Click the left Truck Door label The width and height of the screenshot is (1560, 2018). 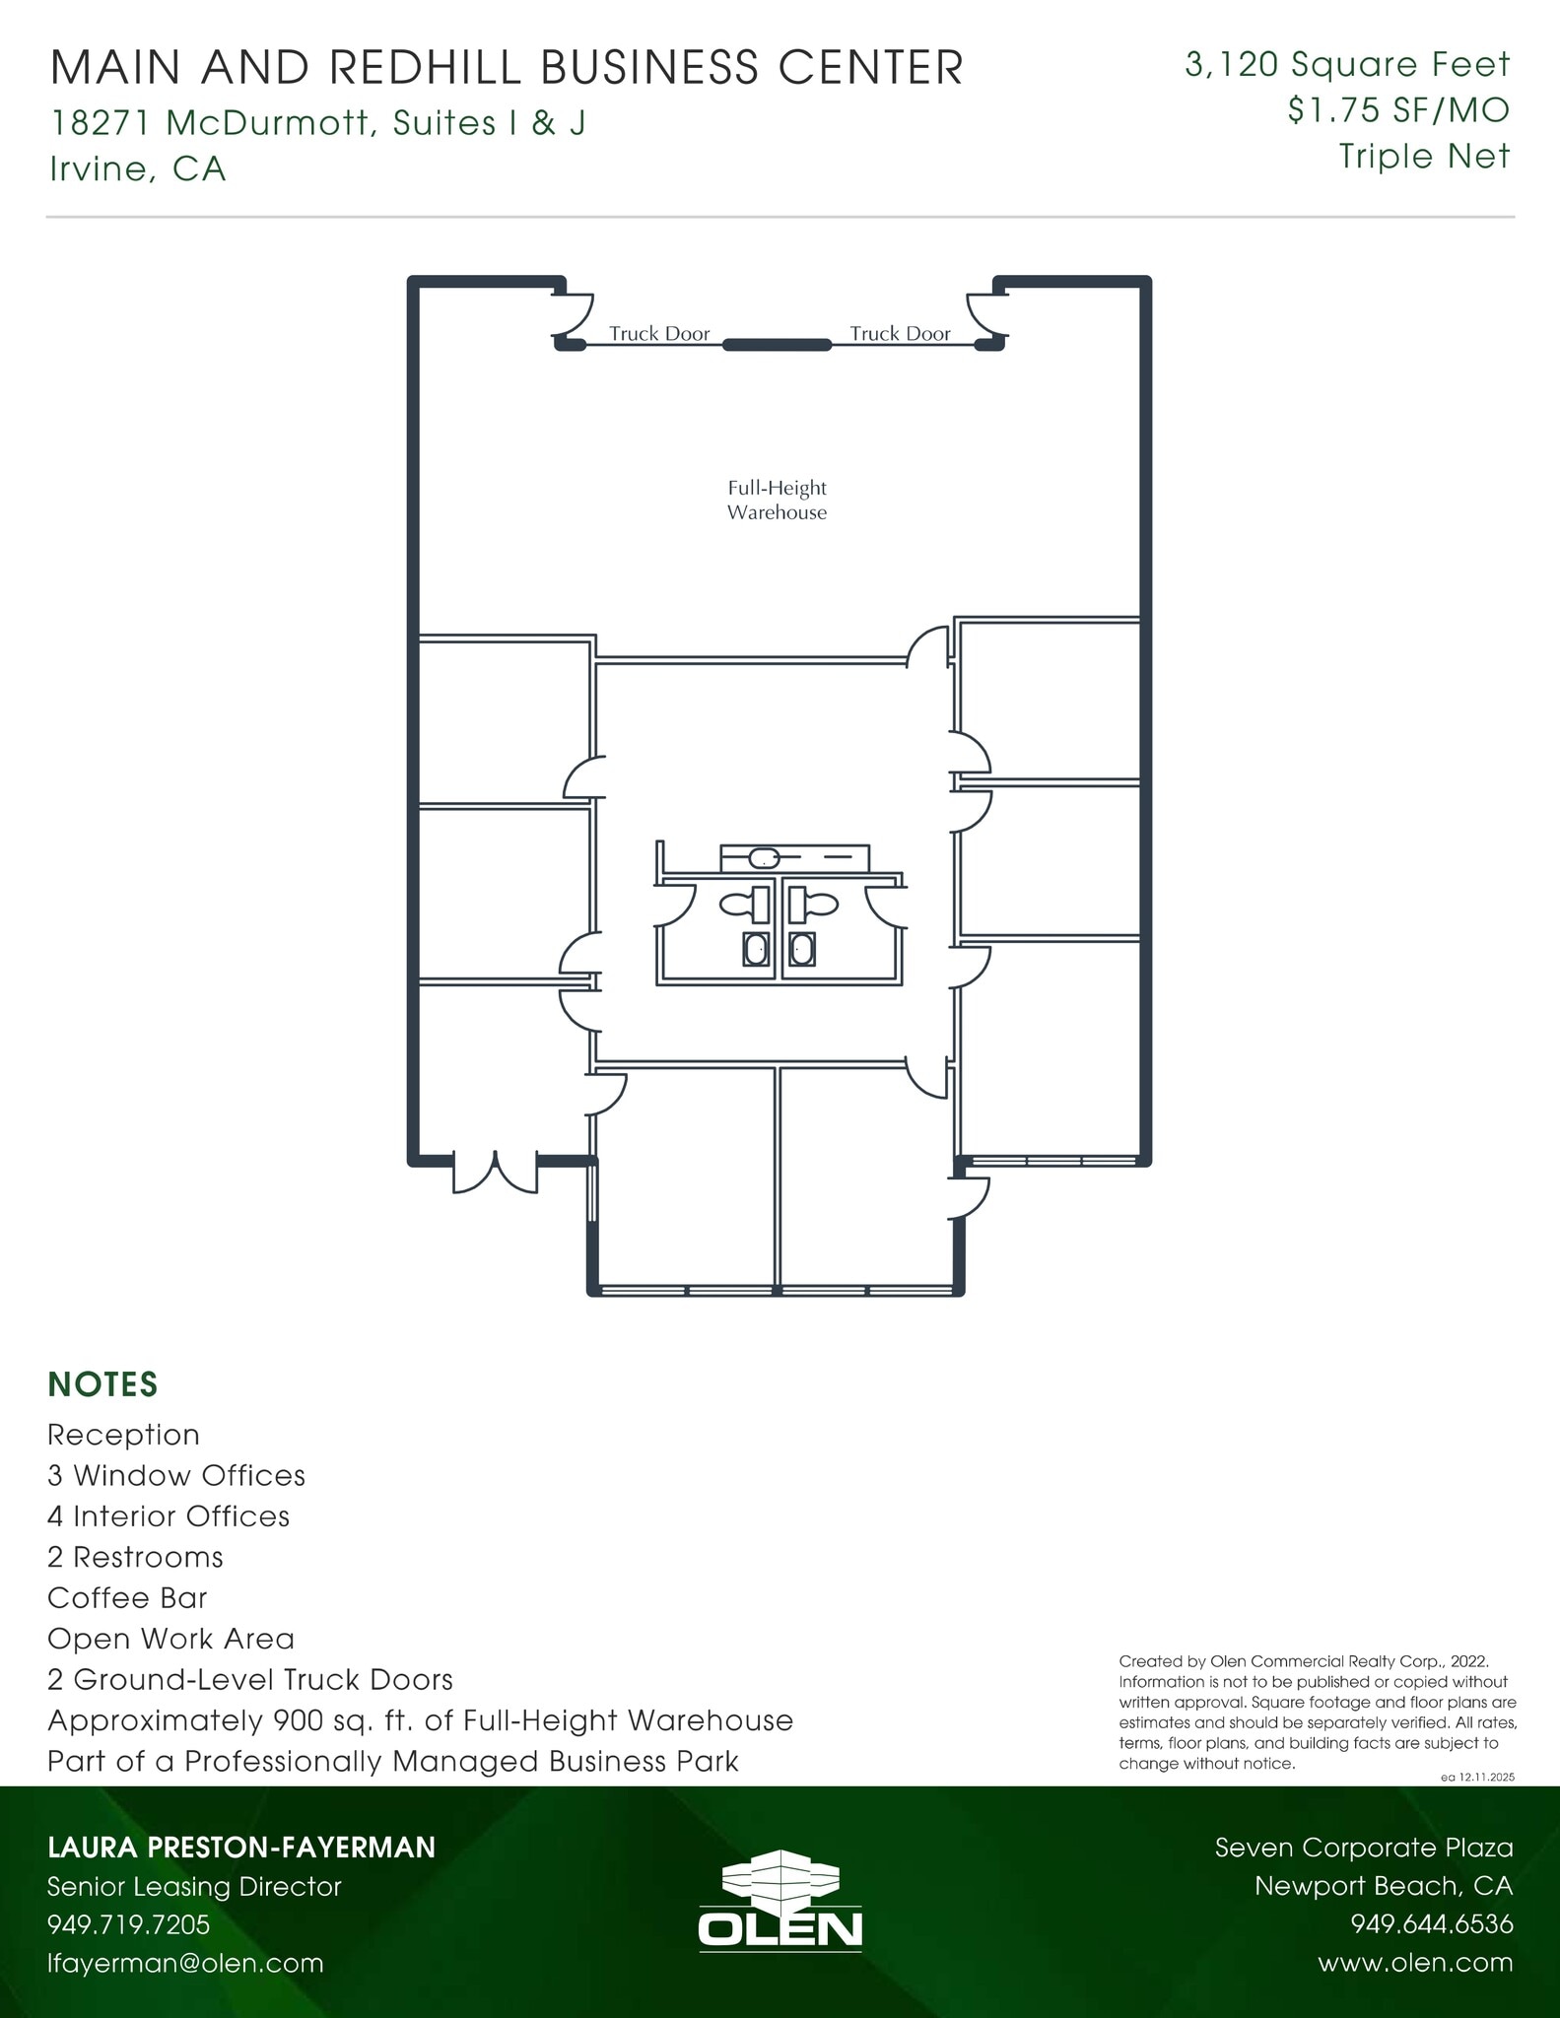(658, 334)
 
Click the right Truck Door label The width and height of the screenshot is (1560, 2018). (900, 334)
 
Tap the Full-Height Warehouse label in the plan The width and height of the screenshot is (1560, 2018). (777, 500)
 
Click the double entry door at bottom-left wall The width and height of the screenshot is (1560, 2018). (495, 1171)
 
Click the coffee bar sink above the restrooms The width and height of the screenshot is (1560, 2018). (764, 857)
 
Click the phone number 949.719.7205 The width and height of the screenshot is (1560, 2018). (129, 1924)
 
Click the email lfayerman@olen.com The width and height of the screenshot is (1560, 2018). (185, 1963)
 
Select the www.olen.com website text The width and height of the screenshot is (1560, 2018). (1414, 1963)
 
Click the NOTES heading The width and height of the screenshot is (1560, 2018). (102, 1384)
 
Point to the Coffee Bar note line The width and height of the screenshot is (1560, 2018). (127, 1597)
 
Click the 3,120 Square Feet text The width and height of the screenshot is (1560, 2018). (1346, 65)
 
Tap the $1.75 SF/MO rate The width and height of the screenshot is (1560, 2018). (1397, 110)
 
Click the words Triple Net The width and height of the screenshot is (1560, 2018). (1423, 156)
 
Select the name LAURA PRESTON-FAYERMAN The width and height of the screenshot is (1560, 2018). (241, 1848)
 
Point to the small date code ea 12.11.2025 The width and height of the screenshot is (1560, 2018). (1476, 1777)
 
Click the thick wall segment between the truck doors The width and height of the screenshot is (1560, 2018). (777, 345)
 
